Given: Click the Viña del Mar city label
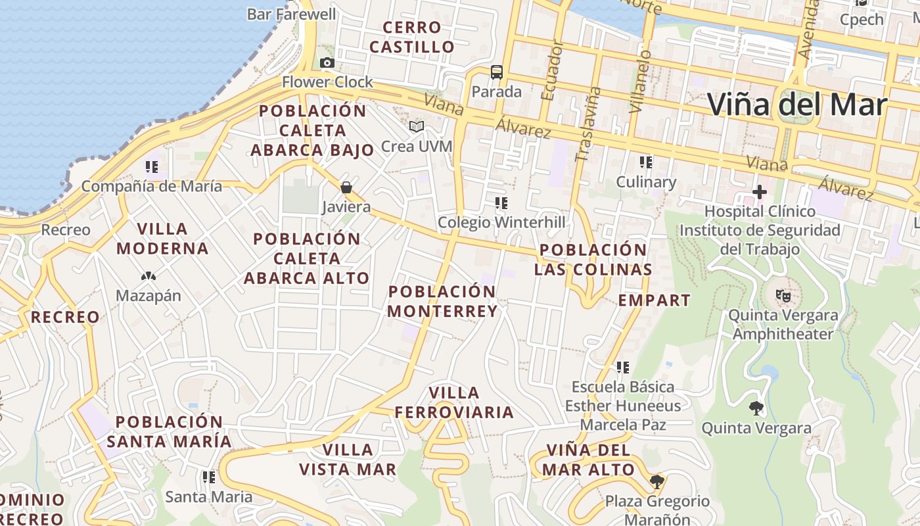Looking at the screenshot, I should [797, 105].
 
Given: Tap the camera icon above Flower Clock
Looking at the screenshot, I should [327, 63].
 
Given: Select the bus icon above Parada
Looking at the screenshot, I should [497, 72].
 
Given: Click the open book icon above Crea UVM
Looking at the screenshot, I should [417, 126].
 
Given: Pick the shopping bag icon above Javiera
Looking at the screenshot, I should [346, 188].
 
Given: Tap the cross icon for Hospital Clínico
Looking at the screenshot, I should [760, 192].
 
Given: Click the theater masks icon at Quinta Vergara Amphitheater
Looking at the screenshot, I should [783, 296].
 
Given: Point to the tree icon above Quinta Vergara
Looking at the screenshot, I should [756, 408].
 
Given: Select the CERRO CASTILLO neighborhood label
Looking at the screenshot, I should [411, 37].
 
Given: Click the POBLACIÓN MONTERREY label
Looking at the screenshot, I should [442, 301].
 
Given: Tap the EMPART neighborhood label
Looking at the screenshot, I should [655, 300].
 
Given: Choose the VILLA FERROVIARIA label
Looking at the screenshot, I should [454, 402].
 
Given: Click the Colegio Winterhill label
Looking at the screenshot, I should [501, 222].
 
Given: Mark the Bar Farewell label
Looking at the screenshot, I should [292, 14].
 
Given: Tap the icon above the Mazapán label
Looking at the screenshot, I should [148, 277].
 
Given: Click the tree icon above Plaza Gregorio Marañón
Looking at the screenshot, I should [656, 482].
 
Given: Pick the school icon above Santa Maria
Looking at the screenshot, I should [209, 477].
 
